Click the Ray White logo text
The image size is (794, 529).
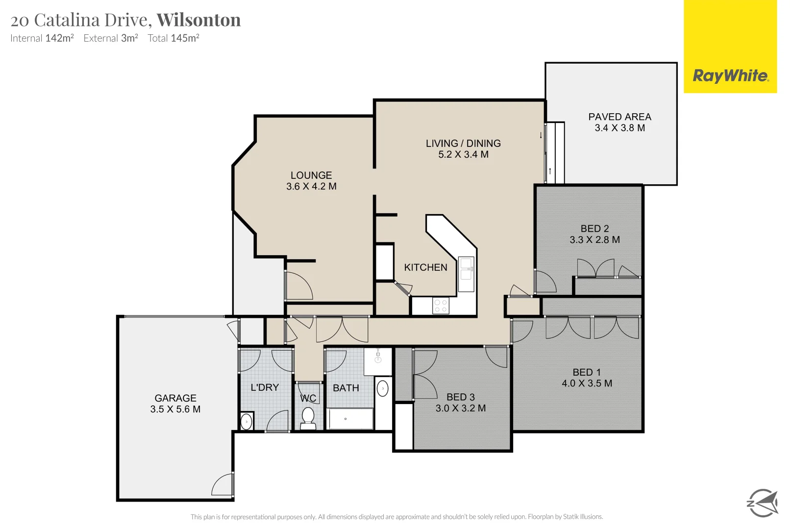730,76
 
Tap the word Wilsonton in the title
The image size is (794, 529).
198,20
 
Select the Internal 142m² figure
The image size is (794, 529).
59,38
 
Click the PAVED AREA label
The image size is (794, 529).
620,117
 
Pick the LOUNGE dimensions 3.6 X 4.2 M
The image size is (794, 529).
311,187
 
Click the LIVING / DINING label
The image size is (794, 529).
463,144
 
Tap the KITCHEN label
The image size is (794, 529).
425,267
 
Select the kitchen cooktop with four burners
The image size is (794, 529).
441,306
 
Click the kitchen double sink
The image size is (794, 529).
466,274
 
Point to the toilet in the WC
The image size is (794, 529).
308,418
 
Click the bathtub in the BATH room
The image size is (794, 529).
350,419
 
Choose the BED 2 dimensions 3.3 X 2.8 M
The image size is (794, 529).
595,240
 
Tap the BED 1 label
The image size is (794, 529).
587,373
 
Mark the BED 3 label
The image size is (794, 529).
460,397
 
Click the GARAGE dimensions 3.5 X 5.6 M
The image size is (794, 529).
175,409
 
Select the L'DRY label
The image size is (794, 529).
265,387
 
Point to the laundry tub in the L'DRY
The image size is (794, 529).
247,421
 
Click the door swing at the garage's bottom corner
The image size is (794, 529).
223,485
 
